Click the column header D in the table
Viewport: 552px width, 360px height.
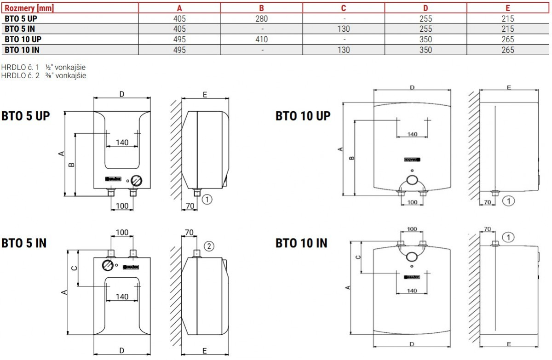tap(425, 7)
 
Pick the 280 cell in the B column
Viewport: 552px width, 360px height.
tap(262, 19)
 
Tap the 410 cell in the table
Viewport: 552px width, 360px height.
tap(262, 40)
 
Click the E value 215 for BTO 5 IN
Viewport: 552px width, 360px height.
tap(508, 29)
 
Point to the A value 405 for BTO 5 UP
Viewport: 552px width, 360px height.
tap(179, 19)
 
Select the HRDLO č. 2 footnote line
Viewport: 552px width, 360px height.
tap(44, 75)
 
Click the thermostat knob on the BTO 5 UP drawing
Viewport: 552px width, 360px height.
tap(136, 180)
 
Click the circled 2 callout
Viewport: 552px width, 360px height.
tap(208, 246)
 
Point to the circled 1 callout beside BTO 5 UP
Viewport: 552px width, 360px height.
tap(207, 200)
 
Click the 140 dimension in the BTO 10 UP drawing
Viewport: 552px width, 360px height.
tap(412, 134)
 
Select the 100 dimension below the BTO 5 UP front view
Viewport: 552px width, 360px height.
tap(122, 206)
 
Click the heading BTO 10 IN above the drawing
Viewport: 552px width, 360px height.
tap(301, 243)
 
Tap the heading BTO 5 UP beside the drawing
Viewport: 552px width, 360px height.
tap(26, 115)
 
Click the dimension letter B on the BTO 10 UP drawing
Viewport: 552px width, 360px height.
tap(352, 158)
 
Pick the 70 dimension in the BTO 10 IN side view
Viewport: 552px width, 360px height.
tap(488, 229)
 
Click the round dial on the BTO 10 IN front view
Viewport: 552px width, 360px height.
tap(413, 257)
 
